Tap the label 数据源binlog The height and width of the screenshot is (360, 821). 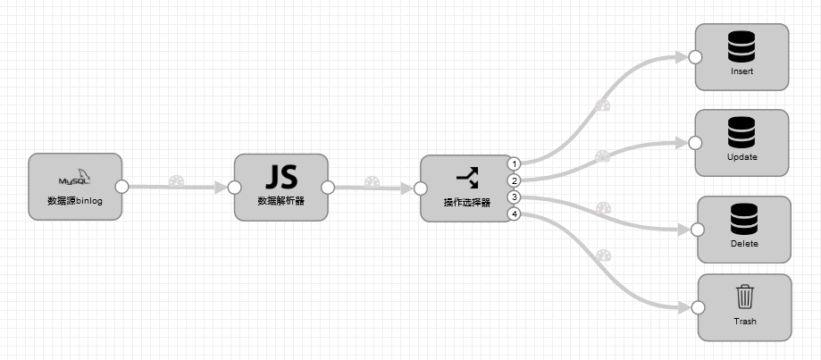[75, 201]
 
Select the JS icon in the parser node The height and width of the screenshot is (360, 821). [281, 174]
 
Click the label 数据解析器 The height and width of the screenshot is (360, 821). [281, 201]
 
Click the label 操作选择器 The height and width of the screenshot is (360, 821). [466, 203]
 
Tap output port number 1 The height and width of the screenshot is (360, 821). [514, 163]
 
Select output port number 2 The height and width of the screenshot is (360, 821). [514, 180]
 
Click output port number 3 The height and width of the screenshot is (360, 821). [514, 197]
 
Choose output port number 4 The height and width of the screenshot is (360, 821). [514, 213]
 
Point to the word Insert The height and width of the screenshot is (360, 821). [741, 71]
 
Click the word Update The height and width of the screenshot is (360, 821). [741, 157]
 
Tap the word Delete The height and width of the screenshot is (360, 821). [744, 243]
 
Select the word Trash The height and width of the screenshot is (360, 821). [744, 322]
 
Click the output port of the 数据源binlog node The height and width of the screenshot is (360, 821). [122, 187]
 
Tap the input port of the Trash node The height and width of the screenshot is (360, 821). [698, 307]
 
